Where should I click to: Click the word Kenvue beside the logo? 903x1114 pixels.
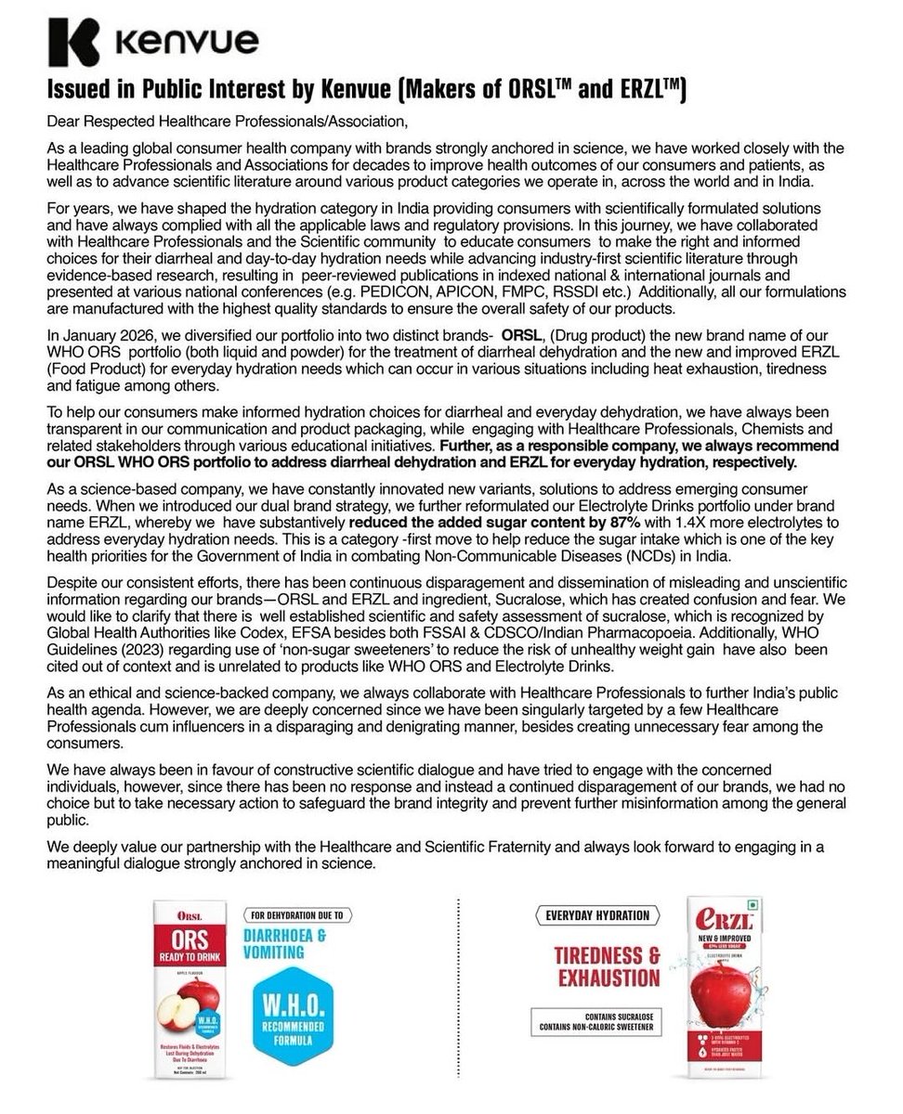(x=188, y=43)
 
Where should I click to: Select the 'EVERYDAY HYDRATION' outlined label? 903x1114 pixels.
(x=597, y=915)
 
